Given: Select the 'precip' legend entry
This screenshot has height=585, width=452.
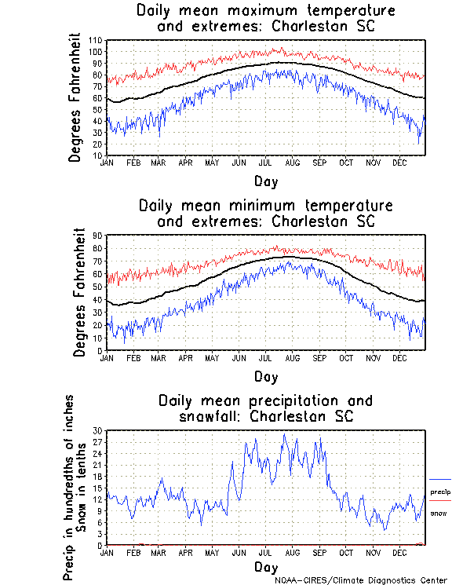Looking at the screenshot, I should [x=440, y=492].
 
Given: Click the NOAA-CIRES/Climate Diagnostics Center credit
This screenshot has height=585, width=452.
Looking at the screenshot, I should [x=361, y=580].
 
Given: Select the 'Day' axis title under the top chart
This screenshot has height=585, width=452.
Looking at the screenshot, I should [x=265, y=181].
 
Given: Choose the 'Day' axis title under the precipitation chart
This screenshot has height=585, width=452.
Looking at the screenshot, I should [x=265, y=566].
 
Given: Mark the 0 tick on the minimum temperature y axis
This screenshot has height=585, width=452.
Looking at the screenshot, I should [x=100, y=350].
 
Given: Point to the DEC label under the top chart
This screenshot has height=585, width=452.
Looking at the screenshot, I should [x=399, y=163].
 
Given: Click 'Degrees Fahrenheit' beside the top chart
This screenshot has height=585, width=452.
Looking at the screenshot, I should [x=75, y=97].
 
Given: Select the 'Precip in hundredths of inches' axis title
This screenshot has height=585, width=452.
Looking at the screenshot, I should [x=69, y=488].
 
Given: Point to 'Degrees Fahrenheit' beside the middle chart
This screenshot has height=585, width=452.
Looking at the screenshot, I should [x=78, y=292].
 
